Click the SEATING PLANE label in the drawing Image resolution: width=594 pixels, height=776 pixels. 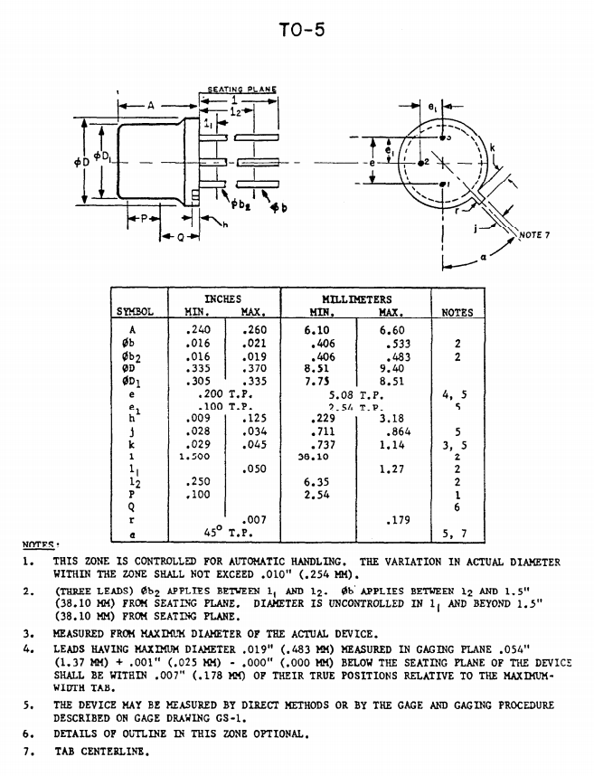coord(241,90)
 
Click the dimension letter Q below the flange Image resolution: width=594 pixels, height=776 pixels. coord(181,237)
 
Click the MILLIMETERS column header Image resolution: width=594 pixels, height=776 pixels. coord(356,298)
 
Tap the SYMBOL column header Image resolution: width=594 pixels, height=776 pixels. coord(135,312)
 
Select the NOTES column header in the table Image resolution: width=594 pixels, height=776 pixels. coord(457,312)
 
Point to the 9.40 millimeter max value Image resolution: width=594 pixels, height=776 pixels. coord(392,369)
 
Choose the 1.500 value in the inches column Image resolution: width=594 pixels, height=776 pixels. coord(194,457)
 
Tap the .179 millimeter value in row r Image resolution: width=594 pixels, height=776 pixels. coord(397,520)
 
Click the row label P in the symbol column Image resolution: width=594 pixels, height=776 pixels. coord(132,495)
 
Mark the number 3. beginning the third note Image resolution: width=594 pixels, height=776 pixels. coord(30,634)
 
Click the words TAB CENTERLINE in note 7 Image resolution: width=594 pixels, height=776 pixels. coord(101,751)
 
